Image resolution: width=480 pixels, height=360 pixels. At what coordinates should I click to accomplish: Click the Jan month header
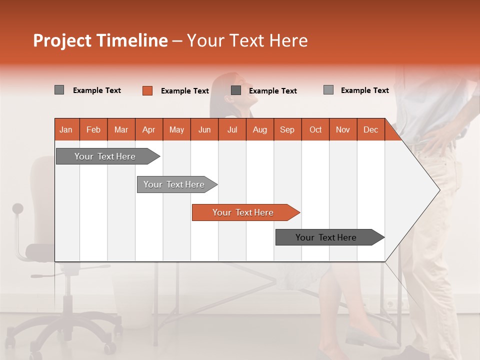(66, 129)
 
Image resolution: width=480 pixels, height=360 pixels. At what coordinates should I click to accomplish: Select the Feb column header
(93, 129)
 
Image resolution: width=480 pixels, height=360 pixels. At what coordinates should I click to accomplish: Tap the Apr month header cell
(149, 129)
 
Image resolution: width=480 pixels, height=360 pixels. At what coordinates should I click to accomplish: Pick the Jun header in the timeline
(204, 129)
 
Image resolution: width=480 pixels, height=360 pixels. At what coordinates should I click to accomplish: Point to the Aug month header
(260, 129)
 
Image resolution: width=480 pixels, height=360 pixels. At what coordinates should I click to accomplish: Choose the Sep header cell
(287, 129)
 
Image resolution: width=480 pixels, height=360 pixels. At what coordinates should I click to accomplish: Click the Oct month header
(315, 129)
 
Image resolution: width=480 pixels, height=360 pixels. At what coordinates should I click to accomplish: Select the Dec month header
(371, 129)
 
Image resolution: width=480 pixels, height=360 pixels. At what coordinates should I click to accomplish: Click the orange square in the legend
(147, 90)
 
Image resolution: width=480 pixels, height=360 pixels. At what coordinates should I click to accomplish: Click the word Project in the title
(62, 40)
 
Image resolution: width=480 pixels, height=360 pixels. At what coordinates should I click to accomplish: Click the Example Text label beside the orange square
(185, 91)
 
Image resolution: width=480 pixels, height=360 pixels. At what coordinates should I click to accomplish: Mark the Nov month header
(343, 129)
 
